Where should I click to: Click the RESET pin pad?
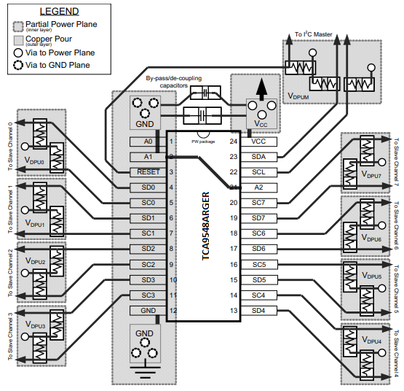pyautogui.click(x=148, y=172)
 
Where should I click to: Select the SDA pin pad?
pyautogui.click(x=258, y=156)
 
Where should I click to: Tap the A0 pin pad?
pyautogui.click(x=148, y=142)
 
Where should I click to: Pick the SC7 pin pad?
pyautogui.click(x=258, y=202)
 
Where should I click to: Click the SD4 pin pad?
pyautogui.click(x=258, y=311)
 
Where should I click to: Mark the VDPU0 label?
pyautogui.click(x=35, y=161)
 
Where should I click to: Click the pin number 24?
pyautogui.click(x=234, y=142)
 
